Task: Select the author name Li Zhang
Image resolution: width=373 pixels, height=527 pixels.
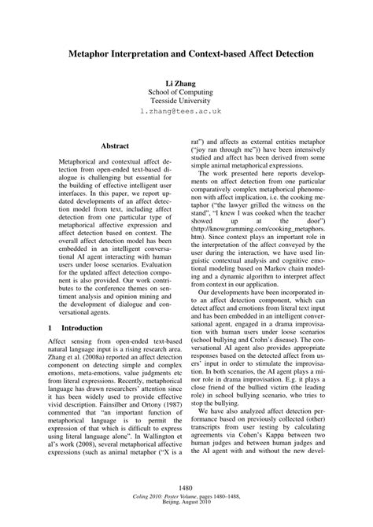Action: coord(186,82)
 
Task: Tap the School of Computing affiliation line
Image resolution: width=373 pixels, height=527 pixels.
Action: coord(186,92)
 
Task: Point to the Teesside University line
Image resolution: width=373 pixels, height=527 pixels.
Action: coord(186,102)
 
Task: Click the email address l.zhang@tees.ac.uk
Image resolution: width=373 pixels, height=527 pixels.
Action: coord(186,113)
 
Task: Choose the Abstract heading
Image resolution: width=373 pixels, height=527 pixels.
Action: coord(115,145)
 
